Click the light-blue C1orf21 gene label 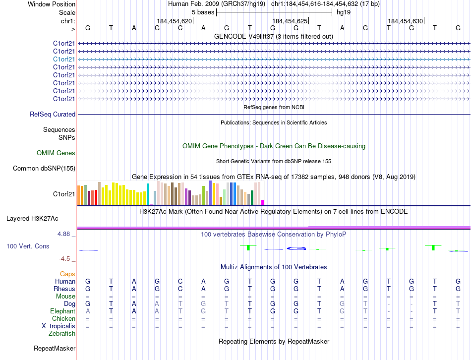64,59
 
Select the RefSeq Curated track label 53,115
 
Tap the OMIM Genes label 56,153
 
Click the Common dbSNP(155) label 44,169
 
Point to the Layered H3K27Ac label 32,218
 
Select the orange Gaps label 67,274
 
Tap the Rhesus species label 64,289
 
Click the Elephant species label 62,311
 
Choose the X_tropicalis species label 59,326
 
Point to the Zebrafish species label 62,333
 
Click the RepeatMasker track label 55,349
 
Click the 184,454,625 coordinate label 290,21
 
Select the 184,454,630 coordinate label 406,21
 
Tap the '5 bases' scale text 203,12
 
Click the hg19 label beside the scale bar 343,12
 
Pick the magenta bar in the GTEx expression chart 262,202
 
